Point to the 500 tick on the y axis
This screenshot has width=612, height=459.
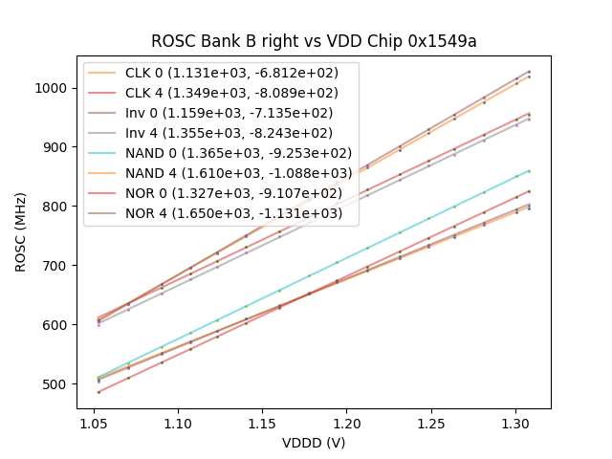(59, 384)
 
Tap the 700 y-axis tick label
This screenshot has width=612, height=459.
(59, 266)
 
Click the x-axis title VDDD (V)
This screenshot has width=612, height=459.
(313, 443)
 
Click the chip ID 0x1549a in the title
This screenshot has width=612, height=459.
(446, 41)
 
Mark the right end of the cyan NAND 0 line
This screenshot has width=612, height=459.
(529, 171)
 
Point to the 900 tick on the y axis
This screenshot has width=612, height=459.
(59, 147)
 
